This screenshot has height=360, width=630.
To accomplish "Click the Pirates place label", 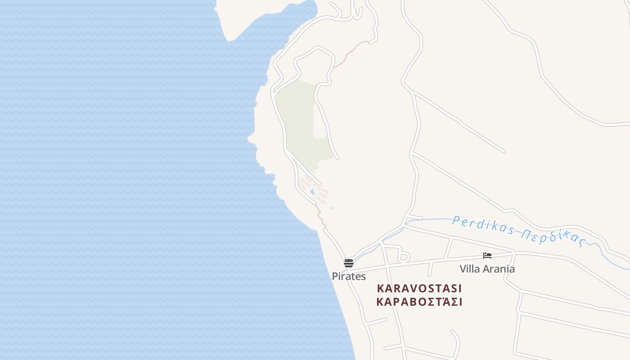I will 349,276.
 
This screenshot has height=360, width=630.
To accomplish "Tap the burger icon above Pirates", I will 349,263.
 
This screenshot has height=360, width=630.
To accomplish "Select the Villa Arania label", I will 487,269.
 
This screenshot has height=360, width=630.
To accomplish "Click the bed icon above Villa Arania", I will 487,256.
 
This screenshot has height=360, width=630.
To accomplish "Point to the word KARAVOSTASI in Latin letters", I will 419,288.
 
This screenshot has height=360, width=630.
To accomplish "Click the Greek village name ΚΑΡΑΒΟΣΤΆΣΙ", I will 419,302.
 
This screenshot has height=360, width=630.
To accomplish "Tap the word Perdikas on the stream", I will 483,225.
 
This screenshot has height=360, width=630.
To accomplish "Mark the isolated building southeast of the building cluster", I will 332,208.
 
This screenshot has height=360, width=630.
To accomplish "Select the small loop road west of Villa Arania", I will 404,257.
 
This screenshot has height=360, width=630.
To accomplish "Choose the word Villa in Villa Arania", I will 469,269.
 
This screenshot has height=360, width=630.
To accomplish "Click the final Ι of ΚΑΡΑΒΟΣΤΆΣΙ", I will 460,302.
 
